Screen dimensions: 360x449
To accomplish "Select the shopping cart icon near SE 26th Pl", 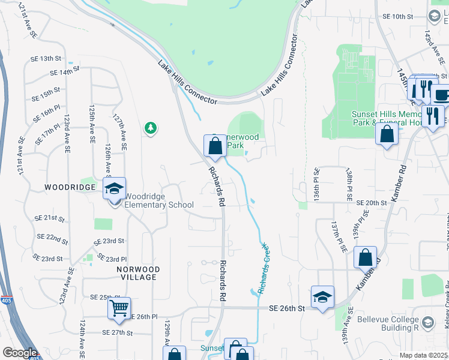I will [119, 309].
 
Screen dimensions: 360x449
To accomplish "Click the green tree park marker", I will [150, 128].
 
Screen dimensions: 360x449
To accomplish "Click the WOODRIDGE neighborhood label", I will [70, 187].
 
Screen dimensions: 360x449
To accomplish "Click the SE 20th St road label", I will [371, 203].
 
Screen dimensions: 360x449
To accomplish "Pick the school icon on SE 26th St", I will [322, 297].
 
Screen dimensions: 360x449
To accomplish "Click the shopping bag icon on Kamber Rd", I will [365, 258].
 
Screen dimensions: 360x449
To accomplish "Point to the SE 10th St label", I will [399, 16].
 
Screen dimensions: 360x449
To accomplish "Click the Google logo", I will [19, 353].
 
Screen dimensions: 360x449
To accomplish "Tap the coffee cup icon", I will [441, 94].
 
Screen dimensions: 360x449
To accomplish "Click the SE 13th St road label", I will [47, 59].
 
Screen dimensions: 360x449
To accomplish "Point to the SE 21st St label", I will [49, 218].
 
